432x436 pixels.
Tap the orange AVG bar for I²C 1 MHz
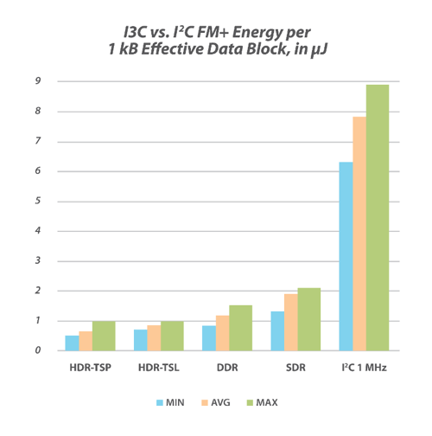pyautogui.click(x=359, y=234)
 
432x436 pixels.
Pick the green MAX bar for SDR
pyautogui.click(x=308, y=319)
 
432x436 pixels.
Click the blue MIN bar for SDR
pyautogui.click(x=277, y=330)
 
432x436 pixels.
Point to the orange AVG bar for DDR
pyautogui.click(x=222, y=333)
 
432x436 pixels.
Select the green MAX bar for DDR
pyautogui.click(x=239, y=328)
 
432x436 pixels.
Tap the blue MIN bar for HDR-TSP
pyautogui.click(x=72, y=343)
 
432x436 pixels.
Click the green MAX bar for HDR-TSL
pyautogui.click(x=171, y=336)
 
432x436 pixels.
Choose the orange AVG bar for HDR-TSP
pyautogui.click(x=86, y=341)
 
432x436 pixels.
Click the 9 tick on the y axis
pyautogui.click(x=39, y=81)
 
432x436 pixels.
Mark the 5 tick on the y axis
pyautogui.click(x=39, y=202)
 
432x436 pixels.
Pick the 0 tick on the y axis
pyautogui.click(x=39, y=351)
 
